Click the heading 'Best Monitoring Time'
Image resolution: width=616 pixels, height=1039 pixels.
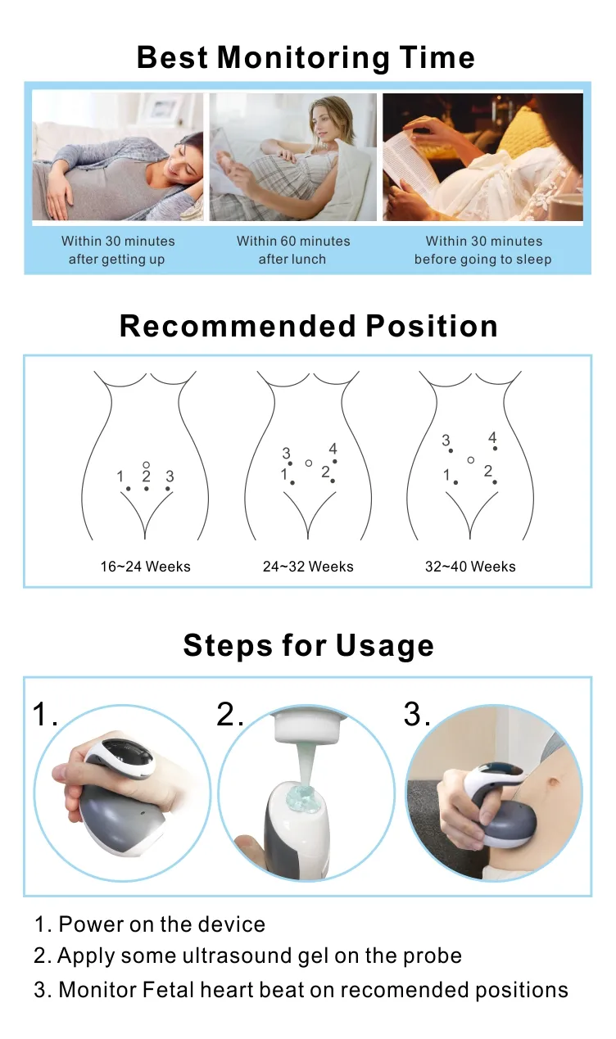coord(306,57)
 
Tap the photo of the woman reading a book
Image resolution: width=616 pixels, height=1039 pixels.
coord(482,156)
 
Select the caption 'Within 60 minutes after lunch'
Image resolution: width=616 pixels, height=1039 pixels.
coord(293,250)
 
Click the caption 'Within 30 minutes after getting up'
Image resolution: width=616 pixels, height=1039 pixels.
coord(117,250)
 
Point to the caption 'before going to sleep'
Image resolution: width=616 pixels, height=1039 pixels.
coord(482,260)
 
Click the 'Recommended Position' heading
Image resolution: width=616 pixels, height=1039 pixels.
coord(309,326)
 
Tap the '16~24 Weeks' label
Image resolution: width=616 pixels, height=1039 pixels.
coord(145,566)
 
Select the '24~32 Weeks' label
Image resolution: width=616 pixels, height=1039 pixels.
coord(308,566)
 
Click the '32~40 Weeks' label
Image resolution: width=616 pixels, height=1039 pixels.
coord(470,566)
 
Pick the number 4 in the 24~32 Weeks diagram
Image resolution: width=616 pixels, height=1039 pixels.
coord(333,449)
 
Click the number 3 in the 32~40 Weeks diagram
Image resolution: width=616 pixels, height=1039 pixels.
coord(446,440)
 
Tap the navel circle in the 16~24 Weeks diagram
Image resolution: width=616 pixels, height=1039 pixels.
coord(146,464)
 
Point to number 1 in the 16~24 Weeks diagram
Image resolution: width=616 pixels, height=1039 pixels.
coord(120,477)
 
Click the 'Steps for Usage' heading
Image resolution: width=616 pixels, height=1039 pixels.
coord(308,645)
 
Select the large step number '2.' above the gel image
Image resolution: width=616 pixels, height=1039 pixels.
coord(230,715)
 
